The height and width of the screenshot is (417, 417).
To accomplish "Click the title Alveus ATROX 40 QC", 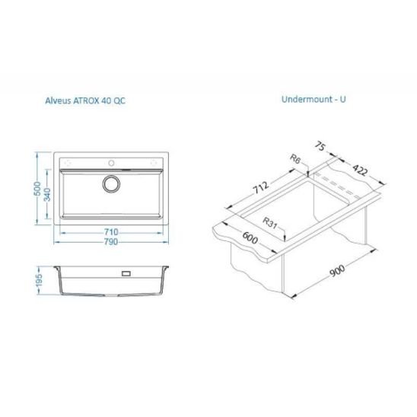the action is (85, 100).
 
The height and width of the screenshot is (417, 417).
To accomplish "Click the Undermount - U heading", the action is (314, 99).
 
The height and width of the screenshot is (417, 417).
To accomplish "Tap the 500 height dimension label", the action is (37, 189).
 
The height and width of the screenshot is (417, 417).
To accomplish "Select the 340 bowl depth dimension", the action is (47, 194).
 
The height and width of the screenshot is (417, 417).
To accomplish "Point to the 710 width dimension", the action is (111, 232).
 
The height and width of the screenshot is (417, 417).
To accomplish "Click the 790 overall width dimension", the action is (111, 242).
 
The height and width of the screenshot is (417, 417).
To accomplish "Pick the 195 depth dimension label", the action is (39, 280).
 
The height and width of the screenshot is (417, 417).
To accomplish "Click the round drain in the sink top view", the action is (111, 183).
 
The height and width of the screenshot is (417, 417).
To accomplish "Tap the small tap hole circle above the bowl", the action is (111, 163).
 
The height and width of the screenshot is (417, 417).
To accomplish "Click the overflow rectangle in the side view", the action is (126, 273).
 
